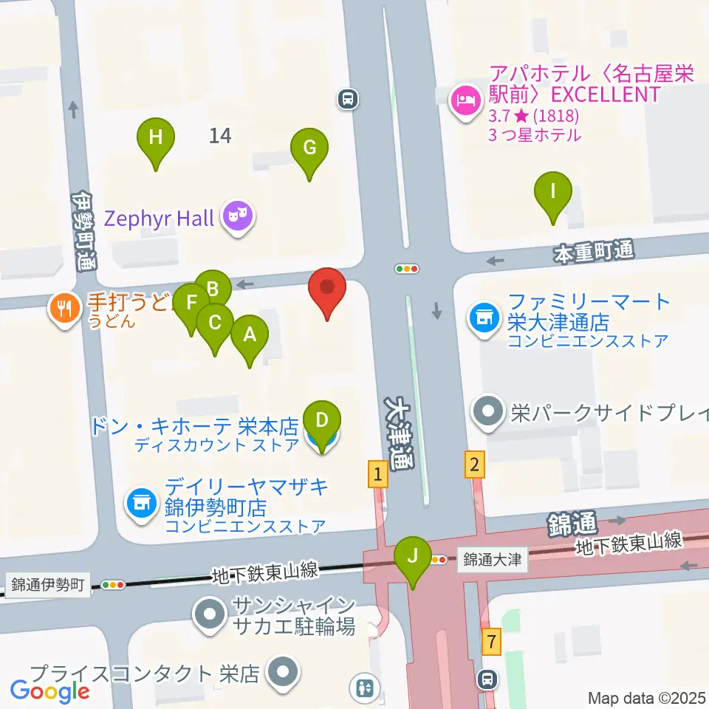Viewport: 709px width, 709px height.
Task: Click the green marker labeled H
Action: click(156, 138)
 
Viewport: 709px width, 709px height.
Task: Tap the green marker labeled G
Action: click(309, 148)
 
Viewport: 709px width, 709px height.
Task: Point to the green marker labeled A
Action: click(250, 336)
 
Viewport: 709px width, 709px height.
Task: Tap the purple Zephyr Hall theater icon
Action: click(239, 217)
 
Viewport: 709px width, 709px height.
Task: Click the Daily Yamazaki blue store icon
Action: click(141, 504)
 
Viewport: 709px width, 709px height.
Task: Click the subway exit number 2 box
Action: click(474, 465)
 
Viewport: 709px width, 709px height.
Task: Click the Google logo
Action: click(49, 691)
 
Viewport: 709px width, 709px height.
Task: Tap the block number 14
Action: click(220, 136)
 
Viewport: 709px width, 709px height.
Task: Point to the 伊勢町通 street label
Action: click(83, 231)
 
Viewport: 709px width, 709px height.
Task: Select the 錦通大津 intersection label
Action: click(493, 560)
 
